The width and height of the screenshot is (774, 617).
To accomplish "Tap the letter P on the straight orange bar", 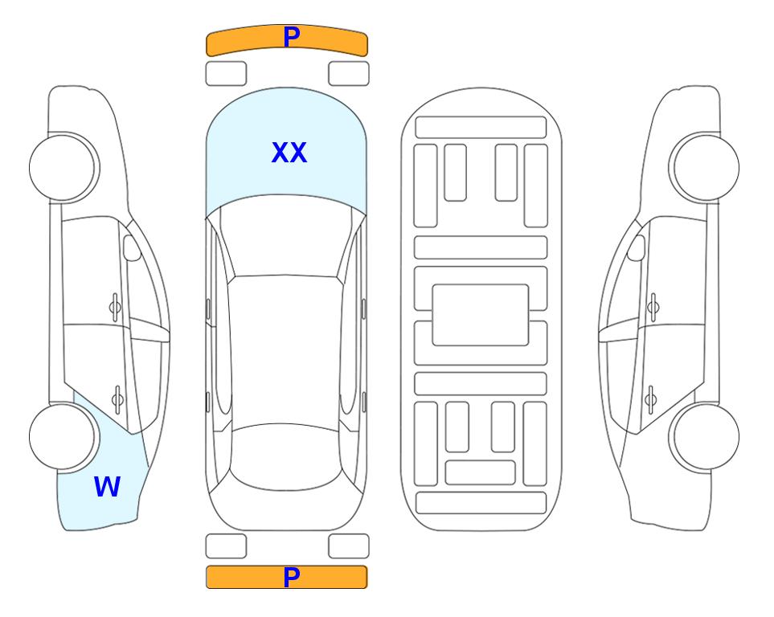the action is pos(292,577).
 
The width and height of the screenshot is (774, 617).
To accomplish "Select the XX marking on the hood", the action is pos(289,153).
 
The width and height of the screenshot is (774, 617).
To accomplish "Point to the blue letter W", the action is pos(107,487).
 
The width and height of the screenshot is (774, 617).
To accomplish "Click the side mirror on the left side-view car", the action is pos(132,247).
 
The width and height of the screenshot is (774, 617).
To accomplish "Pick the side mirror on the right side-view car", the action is pos(637,247).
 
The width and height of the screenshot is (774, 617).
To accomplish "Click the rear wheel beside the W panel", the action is pos(63,436).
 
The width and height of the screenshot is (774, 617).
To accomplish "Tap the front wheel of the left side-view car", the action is pos(63,168).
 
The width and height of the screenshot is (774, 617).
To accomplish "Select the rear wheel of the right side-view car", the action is pos(706,436).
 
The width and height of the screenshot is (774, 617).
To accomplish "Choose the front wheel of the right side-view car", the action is pos(706,168).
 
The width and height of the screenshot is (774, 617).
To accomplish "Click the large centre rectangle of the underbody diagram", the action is pos(481,315).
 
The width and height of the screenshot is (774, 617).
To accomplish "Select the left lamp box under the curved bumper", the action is pos(226,74).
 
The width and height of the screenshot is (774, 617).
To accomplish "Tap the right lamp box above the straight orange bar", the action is pos(349,546).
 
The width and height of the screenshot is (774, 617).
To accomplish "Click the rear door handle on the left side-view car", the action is pos(117,398).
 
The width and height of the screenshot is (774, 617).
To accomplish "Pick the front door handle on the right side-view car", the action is pos(653,307).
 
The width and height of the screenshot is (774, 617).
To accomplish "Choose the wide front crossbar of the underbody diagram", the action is pos(481,128).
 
